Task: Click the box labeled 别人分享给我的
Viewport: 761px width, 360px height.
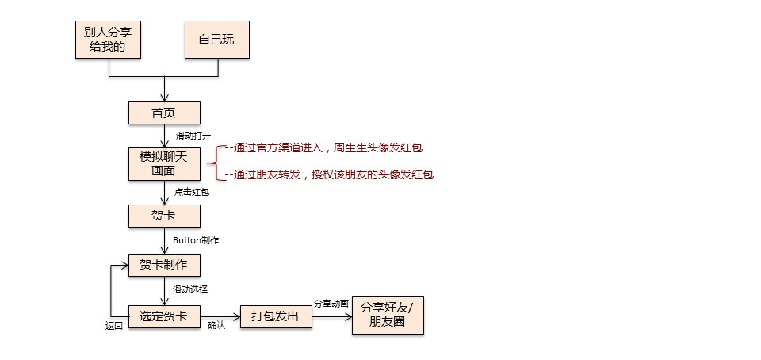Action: (x=108, y=39)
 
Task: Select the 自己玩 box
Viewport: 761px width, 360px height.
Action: (x=217, y=39)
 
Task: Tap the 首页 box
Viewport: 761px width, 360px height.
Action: (x=164, y=113)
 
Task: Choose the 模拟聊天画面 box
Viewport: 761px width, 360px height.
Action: (x=164, y=163)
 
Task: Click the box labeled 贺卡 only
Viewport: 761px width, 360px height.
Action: (x=164, y=215)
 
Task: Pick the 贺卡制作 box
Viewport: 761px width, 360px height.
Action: (x=164, y=265)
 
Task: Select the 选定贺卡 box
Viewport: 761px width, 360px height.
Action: (x=164, y=316)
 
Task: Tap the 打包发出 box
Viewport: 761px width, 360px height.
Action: (x=276, y=316)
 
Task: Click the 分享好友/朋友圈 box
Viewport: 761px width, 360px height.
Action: (x=387, y=316)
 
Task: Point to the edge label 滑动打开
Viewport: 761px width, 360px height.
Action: (x=193, y=136)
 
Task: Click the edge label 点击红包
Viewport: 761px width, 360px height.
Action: (x=193, y=192)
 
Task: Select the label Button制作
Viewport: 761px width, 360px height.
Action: (x=196, y=240)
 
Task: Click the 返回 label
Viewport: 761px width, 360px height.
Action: (x=114, y=325)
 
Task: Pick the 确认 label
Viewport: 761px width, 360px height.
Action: (x=216, y=325)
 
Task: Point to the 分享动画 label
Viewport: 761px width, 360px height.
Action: (x=331, y=303)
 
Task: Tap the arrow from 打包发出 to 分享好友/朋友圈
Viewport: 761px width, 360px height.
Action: (x=331, y=316)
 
